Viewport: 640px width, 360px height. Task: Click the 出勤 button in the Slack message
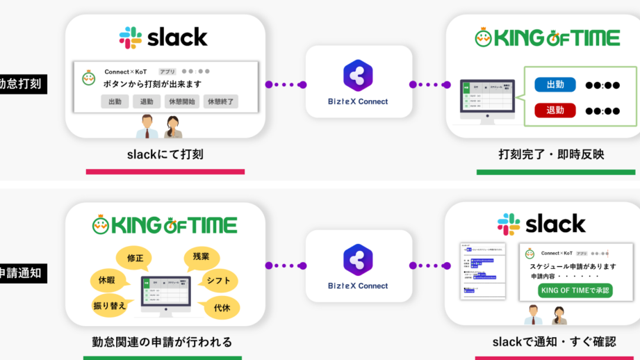coord(115,101)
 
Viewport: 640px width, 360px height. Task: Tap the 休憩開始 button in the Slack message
coord(183,101)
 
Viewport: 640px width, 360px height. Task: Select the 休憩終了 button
coord(220,101)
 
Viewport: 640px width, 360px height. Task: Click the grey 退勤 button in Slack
coord(147,101)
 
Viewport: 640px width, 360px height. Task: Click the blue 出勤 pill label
coord(555,85)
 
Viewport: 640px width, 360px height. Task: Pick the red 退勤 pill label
coord(555,110)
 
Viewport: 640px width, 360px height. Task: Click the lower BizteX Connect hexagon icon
coord(358,259)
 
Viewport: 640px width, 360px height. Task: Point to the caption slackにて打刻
coord(165,154)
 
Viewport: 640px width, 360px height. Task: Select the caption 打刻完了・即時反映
coord(551,154)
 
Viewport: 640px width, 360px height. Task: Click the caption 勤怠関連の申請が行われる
coord(162,342)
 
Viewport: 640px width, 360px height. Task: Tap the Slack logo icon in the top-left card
coord(130,37)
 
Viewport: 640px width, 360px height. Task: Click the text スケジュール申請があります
coord(573,266)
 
